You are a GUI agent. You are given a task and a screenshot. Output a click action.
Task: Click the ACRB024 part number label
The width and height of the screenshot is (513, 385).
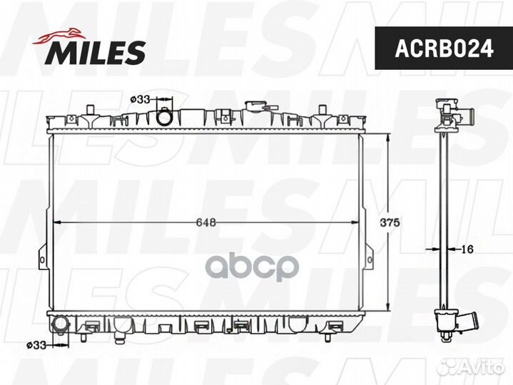444,48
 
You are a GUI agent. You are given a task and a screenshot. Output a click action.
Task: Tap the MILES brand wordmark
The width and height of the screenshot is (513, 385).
96,52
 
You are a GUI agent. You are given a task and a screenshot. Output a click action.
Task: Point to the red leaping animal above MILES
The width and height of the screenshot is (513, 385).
59,36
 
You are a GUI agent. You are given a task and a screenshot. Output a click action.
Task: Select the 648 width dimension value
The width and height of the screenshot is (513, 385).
206,222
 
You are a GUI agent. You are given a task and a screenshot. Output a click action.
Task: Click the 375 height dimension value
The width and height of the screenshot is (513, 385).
390,222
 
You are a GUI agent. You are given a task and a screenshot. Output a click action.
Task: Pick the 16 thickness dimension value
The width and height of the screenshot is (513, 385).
467,249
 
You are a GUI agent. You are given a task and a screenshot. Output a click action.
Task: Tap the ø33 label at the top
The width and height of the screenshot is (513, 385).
140,99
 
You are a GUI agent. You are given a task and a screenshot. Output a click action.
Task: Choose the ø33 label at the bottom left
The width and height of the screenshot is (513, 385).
36,345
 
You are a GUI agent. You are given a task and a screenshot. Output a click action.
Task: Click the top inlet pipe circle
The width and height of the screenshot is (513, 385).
164,117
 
